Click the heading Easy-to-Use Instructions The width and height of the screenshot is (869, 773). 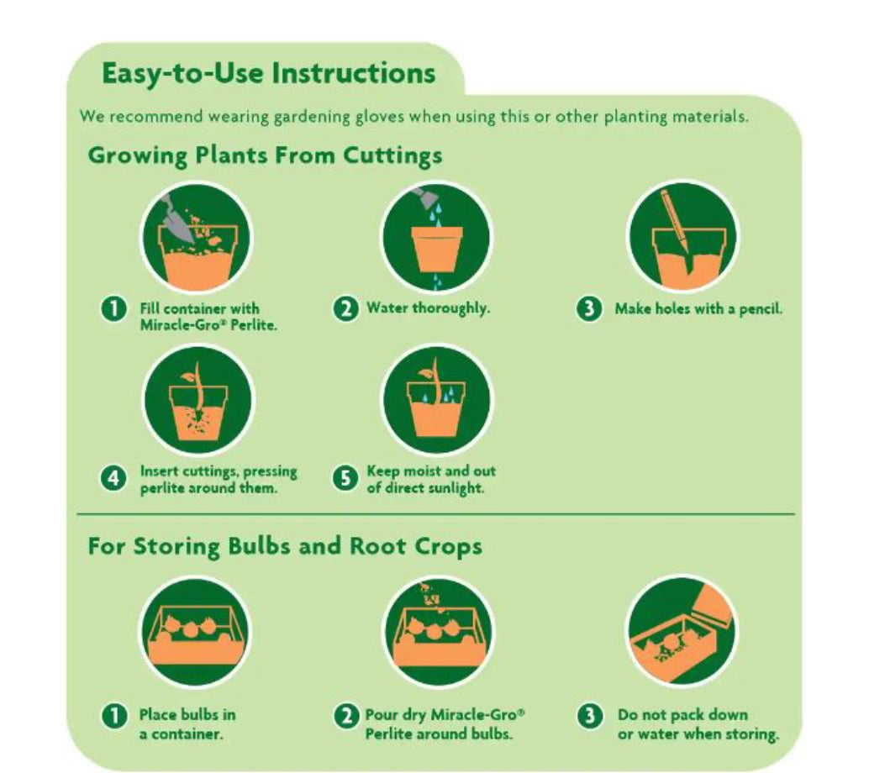coord(268,74)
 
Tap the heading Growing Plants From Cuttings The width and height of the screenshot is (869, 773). coord(265,155)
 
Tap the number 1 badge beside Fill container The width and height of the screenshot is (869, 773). coord(113,308)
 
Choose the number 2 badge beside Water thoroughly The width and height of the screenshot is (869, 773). coord(345,308)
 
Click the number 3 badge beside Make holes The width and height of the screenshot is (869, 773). coord(589,308)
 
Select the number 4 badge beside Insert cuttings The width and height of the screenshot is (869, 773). coord(113,477)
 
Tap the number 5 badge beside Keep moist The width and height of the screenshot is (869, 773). coord(345,477)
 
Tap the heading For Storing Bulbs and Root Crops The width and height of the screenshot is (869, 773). coord(285,546)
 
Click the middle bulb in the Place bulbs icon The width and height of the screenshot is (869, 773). coord(192,629)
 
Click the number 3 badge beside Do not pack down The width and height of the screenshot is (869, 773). coord(589,715)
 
